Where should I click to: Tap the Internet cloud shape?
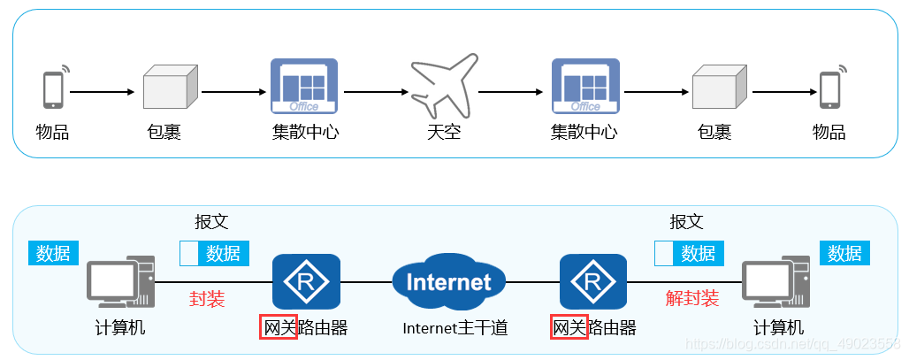pyautogui.click(x=448, y=282)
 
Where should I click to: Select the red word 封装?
pyautogui.click(x=207, y=298)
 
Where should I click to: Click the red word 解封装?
pyautogui.click(x=692, y=298)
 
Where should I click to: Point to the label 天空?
pyautogui.click(x=444, y=133)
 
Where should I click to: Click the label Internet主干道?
pyautogui.click(x=455, y=328)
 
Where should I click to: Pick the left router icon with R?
pyautogui.click(x=306, y=282)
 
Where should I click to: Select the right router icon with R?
pyautogui.click(x=594, y=282)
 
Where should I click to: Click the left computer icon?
pyautogui.click(x=120, y=282)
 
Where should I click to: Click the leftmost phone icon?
pyautogui.click(x=54, y=88)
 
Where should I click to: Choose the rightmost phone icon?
pyautogui.click(x=830, y=88)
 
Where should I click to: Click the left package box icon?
pyautogui.click(x=169, y=89)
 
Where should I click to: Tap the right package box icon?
pyautogui.click(x=719, y=89)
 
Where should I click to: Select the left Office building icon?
pyautogui.click(x=304, y=86)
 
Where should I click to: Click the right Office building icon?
pyautogui.click(x=585, y=86)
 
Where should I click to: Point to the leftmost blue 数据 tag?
pyautogui.click(x=53, y=253)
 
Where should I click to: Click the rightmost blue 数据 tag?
pyautogui.click(x=844, y=253)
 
